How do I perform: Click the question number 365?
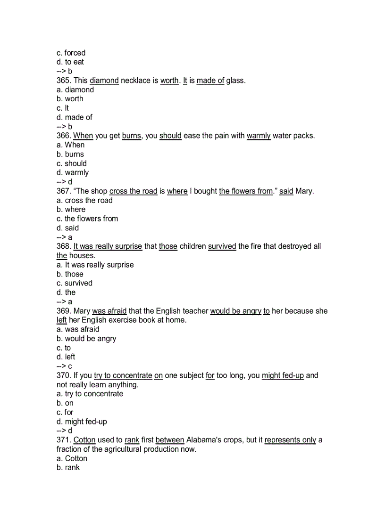coord(64,81)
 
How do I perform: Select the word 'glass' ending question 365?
coord(235,81)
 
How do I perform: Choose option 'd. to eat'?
coord(70,62)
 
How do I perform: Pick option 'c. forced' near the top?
coord(71,53)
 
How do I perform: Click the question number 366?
coord(64,136)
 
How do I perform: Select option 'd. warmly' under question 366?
coord(73,172)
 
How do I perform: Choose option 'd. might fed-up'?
coord(78,422)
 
